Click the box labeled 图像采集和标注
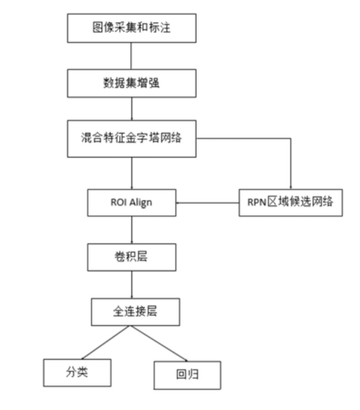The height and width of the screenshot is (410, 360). tap(131, 28)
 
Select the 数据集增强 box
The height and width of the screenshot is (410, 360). tap(131, 83)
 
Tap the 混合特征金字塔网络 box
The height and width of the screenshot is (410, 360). tap(131, 138)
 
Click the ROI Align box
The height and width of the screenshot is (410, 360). tap(131, 203)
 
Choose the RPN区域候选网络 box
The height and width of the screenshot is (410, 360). tap(290, 203)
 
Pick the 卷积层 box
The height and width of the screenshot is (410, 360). tap(131, 257)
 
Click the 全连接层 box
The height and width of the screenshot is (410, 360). tap(134, 312)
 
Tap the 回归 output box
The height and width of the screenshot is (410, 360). tap(187, 375)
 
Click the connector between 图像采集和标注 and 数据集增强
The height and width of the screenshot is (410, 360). tap(131, 56)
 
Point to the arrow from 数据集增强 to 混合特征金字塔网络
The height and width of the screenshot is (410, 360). tap(131, 110)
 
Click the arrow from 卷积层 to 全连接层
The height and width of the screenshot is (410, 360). tap(131, 285)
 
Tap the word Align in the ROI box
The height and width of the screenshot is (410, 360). tap(141, 203)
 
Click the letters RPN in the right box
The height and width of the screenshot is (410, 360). tap(254, 203)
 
